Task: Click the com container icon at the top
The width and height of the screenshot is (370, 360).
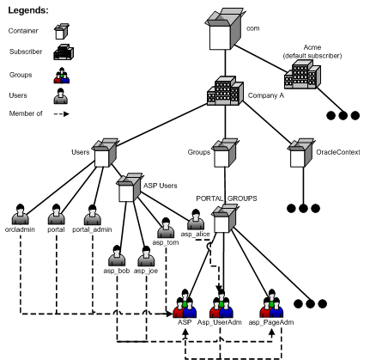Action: (219, 29)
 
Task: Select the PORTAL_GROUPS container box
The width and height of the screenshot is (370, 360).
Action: (221, 218)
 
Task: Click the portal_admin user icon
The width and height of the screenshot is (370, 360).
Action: (93, 219)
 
